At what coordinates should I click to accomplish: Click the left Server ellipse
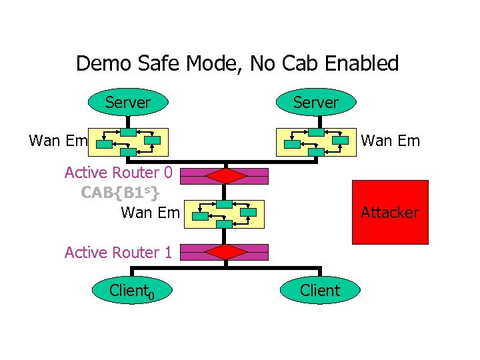click(x=127, y=103)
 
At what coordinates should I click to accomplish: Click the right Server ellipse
click(x=316, y=103)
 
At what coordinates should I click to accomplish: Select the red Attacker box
click(x=390, y=213)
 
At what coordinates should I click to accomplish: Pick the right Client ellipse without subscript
click(x=320, y=291)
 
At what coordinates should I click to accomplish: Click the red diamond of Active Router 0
click(x=226, y=176)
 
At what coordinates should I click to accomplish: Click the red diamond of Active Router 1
click(x=226, y=252)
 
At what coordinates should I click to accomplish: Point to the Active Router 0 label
click(x=119, y=173)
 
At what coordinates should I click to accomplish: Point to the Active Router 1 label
click(x=119, y=252)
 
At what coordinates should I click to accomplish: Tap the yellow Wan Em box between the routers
click(x=226, y=213)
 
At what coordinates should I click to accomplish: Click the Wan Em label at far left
click(x=59, y=141)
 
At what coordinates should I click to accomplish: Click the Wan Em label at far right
click(x=390, y=141)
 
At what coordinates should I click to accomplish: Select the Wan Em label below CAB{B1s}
click(x=150, y=213)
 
